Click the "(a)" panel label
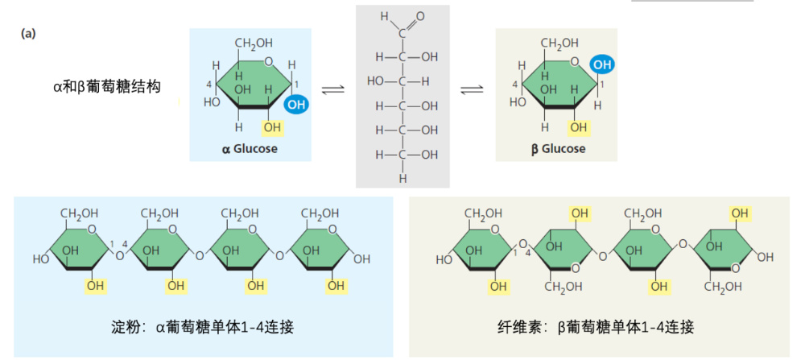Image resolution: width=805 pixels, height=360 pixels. pos(28,34)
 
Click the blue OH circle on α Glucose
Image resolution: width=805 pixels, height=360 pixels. pos(295,106)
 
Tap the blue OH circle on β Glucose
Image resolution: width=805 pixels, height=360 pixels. pos(602,65)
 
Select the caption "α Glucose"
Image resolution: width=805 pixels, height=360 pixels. pos(250,150)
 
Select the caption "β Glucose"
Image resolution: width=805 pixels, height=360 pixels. pos(558,150)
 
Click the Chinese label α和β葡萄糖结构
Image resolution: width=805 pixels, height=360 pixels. pos(107,87)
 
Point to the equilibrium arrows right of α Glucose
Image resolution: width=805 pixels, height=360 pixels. pos(332,90)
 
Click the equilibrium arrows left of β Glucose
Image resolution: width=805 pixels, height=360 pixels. pos(471,90)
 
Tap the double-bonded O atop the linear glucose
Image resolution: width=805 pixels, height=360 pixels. pos(420,16)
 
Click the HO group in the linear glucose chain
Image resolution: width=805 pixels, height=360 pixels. pos(376,81)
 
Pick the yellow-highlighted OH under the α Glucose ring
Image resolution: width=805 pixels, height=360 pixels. pos(272,126)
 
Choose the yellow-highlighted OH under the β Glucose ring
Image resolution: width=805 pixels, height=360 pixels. pos(578,126)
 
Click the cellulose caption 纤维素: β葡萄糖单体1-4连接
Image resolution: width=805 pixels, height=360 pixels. pos(596,327)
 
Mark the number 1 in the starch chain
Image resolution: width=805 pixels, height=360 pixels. pos(111,243)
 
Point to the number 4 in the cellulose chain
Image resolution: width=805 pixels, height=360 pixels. pos(528,253)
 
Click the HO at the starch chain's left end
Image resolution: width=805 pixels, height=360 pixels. pos(42,259)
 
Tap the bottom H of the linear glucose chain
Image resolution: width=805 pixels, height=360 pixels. pos(403,179)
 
